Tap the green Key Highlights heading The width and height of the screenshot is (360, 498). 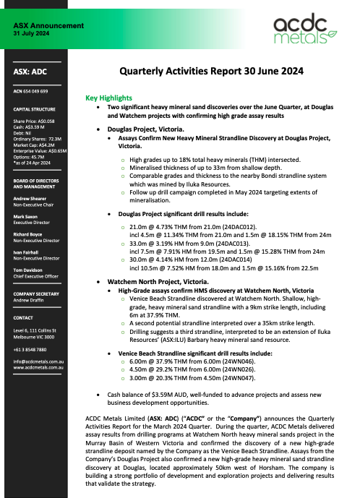108,97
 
